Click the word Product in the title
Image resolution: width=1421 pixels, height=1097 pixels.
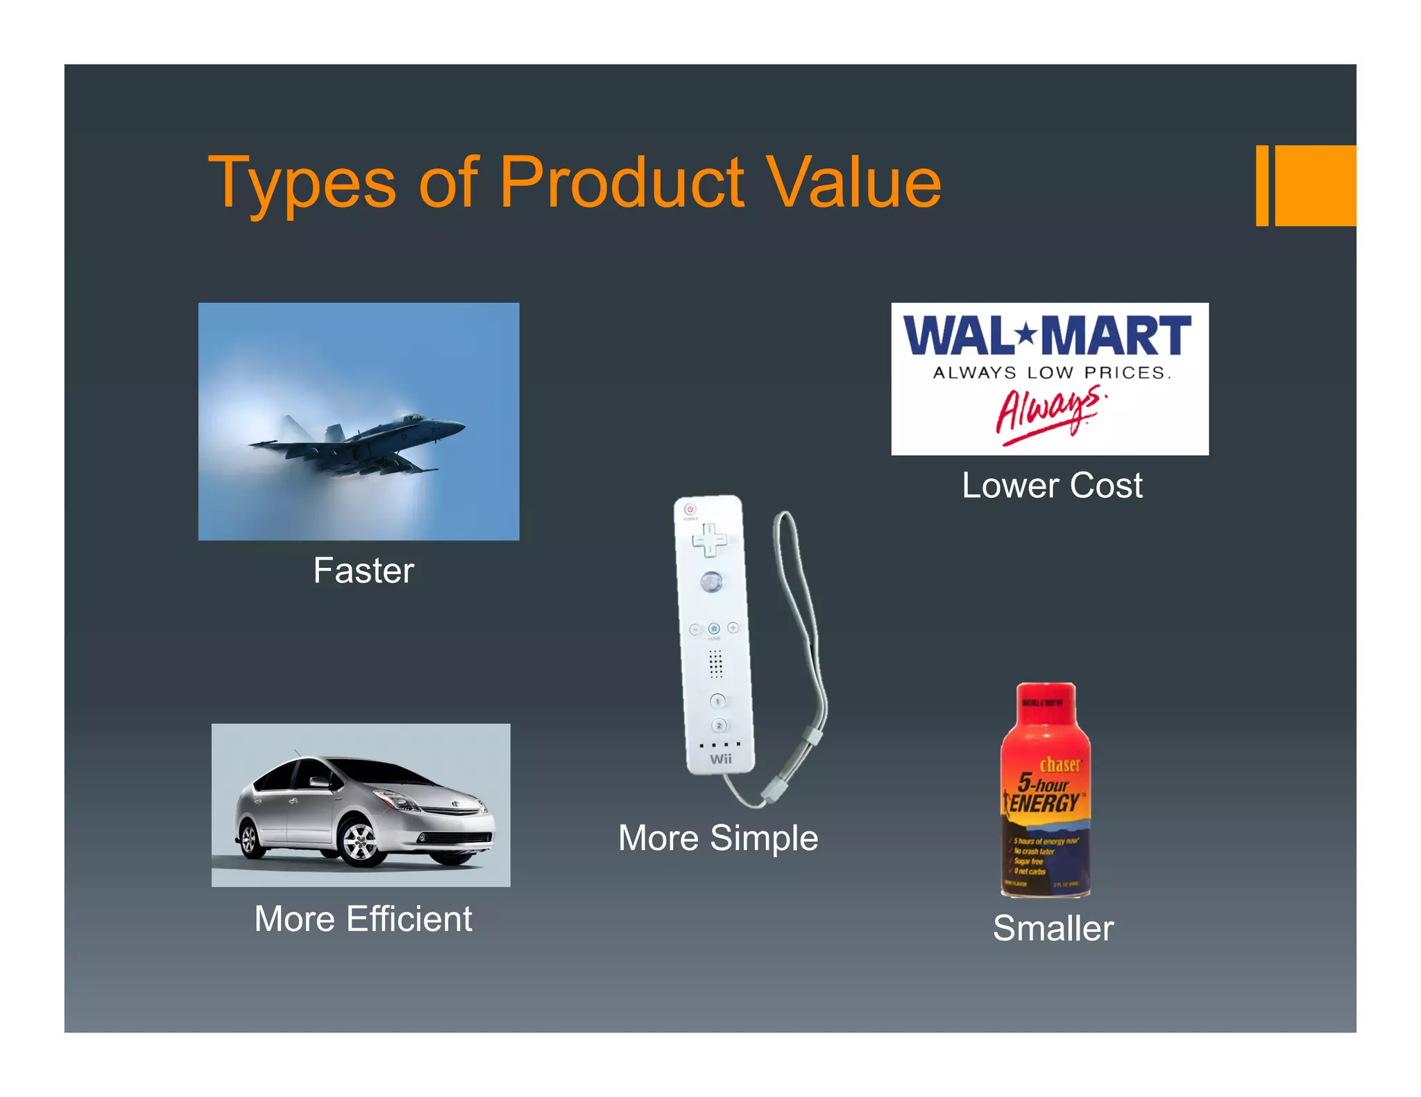622,182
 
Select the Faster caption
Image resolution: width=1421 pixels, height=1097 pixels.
364,571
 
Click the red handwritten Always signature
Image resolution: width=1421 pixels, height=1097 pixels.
1048,415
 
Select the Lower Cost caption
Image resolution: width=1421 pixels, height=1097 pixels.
1052,485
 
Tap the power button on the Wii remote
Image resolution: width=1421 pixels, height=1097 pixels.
690,509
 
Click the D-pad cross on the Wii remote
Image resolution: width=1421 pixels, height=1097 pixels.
709,539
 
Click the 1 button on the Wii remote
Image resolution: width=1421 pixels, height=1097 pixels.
717,701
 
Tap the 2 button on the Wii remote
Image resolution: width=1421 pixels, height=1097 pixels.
720,725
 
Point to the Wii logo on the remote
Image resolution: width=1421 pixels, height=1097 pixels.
721,759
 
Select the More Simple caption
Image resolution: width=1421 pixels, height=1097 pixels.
718,838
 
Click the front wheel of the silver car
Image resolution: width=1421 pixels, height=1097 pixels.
359,842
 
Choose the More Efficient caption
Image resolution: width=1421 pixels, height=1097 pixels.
363,919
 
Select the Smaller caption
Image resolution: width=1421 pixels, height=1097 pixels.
1053,928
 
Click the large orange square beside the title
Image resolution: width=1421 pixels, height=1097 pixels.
1315,186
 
